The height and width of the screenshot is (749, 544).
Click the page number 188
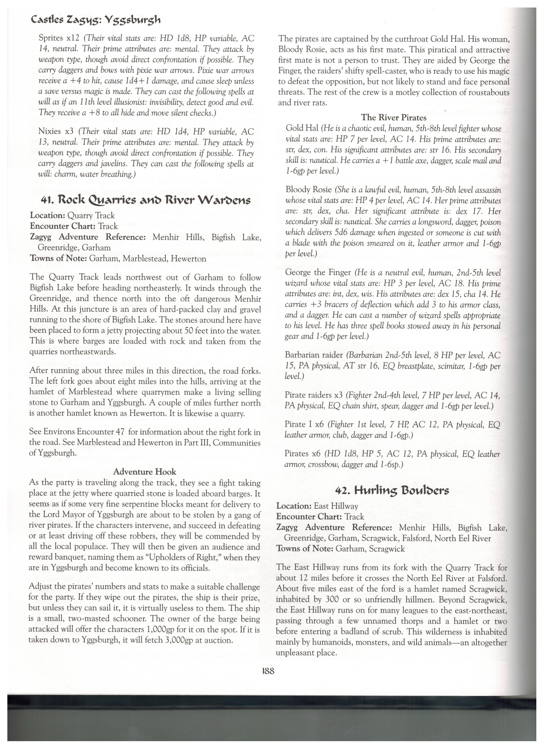pos(268,671)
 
